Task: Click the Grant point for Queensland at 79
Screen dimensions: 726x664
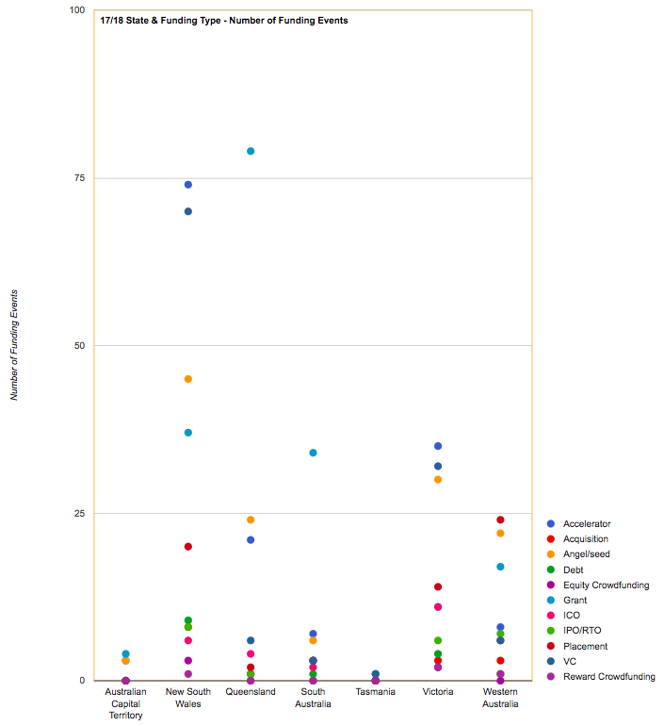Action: (x=251, y=151)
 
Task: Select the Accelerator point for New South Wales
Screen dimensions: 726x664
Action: (x=188, y=185)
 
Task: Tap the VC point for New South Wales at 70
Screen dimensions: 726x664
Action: (x=188, y=211)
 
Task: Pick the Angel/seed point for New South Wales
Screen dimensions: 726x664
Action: (x=188, y=379)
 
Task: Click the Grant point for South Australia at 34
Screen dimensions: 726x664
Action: (x=313, y=453)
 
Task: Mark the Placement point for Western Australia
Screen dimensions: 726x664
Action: (x=500, y=520)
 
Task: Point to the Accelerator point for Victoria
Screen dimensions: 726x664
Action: (x=438, y=446)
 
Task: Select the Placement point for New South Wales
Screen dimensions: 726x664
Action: (x=188, y=547)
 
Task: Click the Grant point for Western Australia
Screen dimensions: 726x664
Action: (x=500, y=567)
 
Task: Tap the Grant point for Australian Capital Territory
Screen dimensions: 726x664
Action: (x=125, y=654)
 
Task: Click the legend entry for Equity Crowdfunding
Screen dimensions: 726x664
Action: (x=606, y=585)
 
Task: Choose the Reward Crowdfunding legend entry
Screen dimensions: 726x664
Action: (x=608, y=676)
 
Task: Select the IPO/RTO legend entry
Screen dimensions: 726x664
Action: (x=588, y=631)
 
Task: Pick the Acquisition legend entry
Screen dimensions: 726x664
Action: (x=585, y=539)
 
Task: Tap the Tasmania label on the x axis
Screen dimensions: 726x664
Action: (x=376, y=692)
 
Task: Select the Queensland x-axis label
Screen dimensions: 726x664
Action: (x=251, y=692)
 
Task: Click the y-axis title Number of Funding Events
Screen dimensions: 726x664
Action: (x=14, y=345)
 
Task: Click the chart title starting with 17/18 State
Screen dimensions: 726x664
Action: (x=224, y=20)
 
